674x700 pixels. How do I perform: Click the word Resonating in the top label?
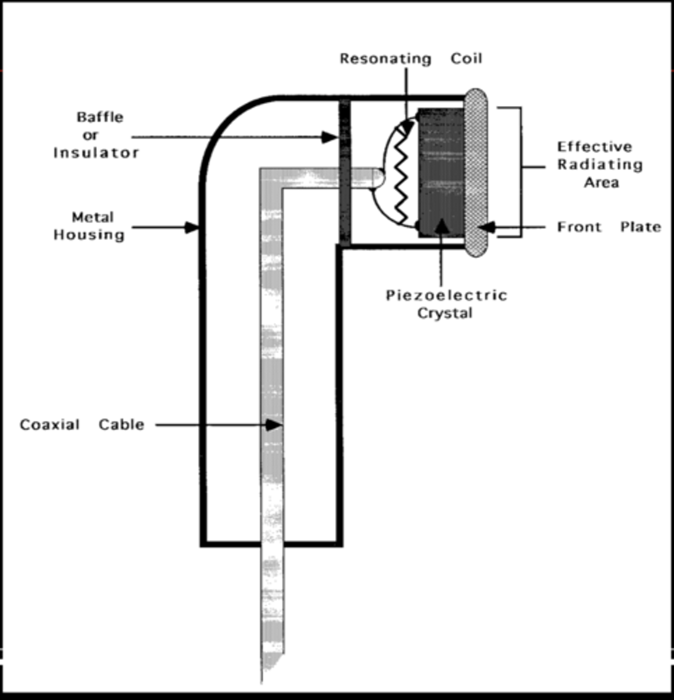point(385,59)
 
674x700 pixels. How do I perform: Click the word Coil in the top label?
point(466,59)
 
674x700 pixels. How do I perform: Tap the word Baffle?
point(100,117)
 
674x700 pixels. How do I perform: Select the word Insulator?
point(96,153)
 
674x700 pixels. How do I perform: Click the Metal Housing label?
point(90,226)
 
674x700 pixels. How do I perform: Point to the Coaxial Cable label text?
point(82,425)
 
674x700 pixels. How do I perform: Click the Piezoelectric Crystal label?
point(446,304)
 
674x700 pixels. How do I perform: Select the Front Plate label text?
point(609,227)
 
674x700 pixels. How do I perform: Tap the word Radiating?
point(600,164)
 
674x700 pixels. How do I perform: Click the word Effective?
point(594,146)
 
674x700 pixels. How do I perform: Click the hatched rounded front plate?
point(476,173)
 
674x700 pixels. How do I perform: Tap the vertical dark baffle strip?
point(345,172)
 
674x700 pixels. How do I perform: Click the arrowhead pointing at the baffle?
point(330,138)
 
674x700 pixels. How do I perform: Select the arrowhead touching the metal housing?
point(192,227)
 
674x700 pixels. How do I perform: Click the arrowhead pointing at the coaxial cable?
point(274,425)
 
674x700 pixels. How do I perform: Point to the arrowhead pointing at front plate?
point(487,227)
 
